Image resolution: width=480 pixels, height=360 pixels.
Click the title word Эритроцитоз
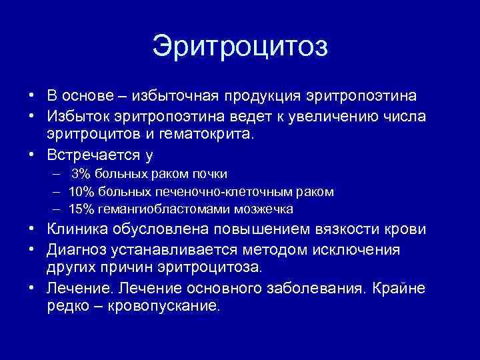tap(240, 47)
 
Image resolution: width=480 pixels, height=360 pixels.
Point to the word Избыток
tap(79, 115)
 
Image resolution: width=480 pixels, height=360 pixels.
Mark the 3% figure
tap(81, 174)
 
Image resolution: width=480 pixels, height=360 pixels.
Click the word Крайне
tap(401, 289)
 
